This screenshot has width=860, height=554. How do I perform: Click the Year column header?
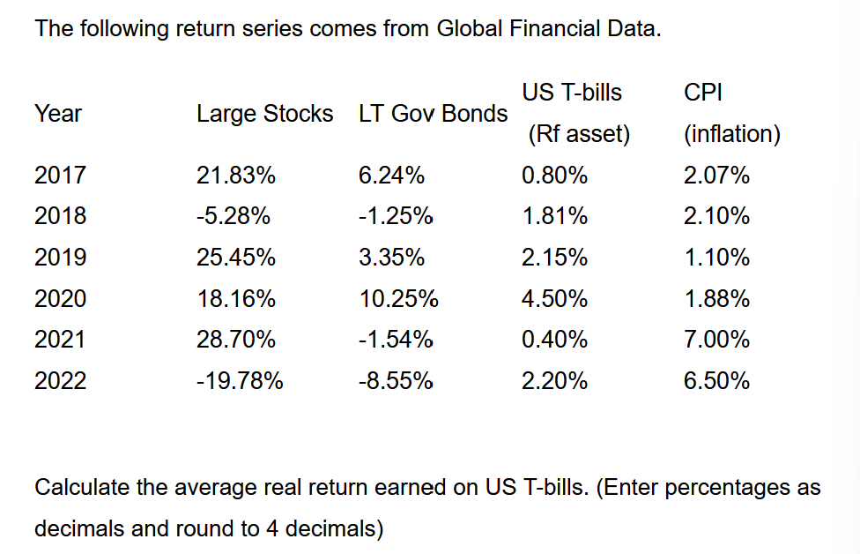pyautogui.click(x=58, y=114)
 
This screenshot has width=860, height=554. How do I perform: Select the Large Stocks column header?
pyautogui.click(x=264, y=114)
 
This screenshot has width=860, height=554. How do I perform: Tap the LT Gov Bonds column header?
pyautogui.click(x=433, y=114)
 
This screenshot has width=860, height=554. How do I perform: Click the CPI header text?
pyautogui.click(x=702, y=93)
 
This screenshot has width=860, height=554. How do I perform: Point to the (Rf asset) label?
pyautogui.click(x=579, y=135)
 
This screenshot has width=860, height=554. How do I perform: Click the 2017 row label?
pyautogui.click(x=60, y=176)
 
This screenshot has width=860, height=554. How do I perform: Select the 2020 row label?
pyautogui.click(x=60, y=299)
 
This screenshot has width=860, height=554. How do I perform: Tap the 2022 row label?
pyautogui.click(x=60, y=381)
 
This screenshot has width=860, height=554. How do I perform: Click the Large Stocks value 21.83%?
pyautogui.click(x=235, y=176)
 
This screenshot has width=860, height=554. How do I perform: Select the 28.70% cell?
pyautogui.click(x=235, y=340)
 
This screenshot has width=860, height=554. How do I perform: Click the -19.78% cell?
pyautogui.click(x=239, y=381)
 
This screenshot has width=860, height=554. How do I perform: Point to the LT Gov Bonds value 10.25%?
pyautogui.click(x=398, y=299)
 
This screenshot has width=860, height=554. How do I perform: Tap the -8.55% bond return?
pyautogui.click(x=396, y=381)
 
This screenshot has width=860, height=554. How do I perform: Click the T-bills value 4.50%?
pyautogui.click(x=554, y=299)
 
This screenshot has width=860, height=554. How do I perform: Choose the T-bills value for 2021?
pyautogui.click(x=554, y=340)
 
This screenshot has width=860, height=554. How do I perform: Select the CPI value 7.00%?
pyautogui.click(x=716, y=340)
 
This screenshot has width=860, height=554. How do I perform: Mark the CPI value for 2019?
pyautogui.click(x=716, y=258)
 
